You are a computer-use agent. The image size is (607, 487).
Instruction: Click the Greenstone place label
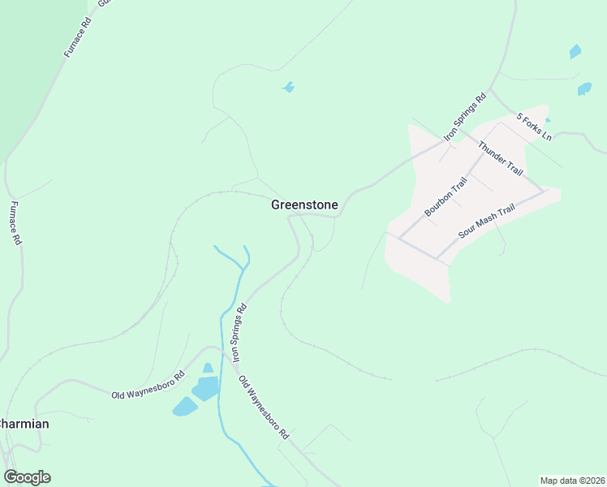coord(304,205)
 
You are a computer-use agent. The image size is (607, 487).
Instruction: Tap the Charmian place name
coord(24,424)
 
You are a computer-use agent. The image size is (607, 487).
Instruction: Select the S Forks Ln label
coord(535,127)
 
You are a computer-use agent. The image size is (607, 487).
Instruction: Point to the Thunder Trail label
coord(501,158)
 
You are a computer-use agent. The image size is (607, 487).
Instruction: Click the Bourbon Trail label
coord(446,196)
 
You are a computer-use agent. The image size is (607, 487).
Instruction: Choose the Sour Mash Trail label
coord(487,221)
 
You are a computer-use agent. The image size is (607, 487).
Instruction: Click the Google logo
coord(27,477)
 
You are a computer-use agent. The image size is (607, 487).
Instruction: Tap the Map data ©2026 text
coord(572,481)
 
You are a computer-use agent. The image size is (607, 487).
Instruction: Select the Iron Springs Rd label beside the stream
coord(239,333)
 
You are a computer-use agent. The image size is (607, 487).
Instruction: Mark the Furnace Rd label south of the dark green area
coord(15,223)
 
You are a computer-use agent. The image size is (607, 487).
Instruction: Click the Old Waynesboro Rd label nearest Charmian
coord(148,385)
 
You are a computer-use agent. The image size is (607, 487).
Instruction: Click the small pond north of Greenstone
coord(287,87)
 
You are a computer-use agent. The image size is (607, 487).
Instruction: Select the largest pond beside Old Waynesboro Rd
coord(206,389)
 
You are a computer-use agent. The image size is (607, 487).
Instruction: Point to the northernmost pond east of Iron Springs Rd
coord(575,52)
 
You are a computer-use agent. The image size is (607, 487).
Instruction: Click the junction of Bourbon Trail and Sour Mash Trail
coord(437,259)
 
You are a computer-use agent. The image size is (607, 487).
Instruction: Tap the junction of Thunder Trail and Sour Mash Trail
coord(544,193)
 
